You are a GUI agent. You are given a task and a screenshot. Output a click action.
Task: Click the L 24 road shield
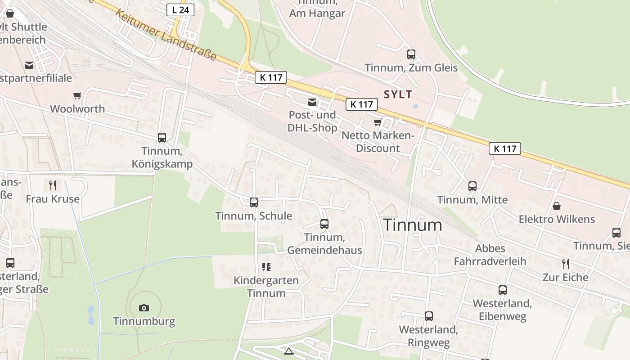[180, 10]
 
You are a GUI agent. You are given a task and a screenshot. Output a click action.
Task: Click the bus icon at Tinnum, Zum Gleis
[411, 54]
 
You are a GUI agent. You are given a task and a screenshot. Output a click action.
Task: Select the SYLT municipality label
[398, 94]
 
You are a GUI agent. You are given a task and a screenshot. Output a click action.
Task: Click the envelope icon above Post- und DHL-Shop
[312, 102]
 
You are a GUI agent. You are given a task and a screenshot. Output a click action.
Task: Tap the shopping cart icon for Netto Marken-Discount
[378, 122]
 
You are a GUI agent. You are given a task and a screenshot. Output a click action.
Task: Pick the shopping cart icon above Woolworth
[77, 95]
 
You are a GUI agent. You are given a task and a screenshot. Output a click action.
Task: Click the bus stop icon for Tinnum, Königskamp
[162, 138]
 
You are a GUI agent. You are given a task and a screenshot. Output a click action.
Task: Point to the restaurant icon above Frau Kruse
[53, 185]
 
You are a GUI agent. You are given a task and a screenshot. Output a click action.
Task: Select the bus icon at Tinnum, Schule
[254, 202]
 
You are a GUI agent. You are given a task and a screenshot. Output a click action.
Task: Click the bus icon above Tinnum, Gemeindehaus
[324, 224]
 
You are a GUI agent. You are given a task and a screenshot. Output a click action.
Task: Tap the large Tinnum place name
[412, 225]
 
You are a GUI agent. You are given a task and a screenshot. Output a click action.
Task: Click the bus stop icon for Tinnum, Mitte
[472, 186]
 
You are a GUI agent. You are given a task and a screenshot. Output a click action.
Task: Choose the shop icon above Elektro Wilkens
[557, 206]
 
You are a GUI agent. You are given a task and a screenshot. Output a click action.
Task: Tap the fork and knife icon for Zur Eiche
[566, 264]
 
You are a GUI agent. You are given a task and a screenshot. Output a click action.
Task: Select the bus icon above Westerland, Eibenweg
[502, 290]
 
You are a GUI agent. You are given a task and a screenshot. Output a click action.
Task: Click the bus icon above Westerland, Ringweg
[428, 316]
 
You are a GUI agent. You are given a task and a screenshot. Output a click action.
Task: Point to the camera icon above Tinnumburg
[144, 308]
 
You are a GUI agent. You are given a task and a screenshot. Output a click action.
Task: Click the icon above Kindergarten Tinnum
[266, 267]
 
